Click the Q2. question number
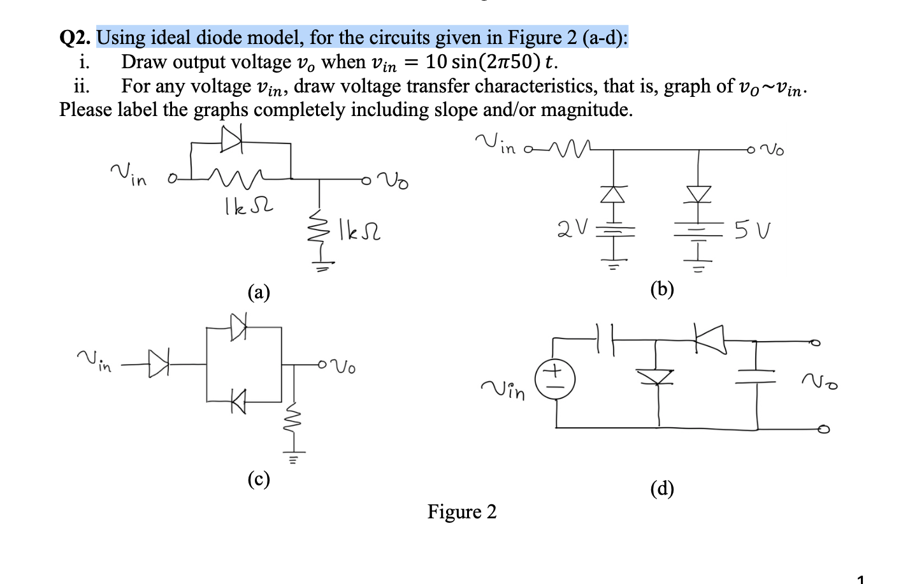75,38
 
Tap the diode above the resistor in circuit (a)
231,140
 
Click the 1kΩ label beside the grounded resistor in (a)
359,230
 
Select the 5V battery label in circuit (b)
753,230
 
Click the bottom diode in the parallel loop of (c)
238,401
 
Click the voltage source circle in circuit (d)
555,379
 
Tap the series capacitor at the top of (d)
605,339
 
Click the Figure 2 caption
461,512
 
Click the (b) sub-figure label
662,289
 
